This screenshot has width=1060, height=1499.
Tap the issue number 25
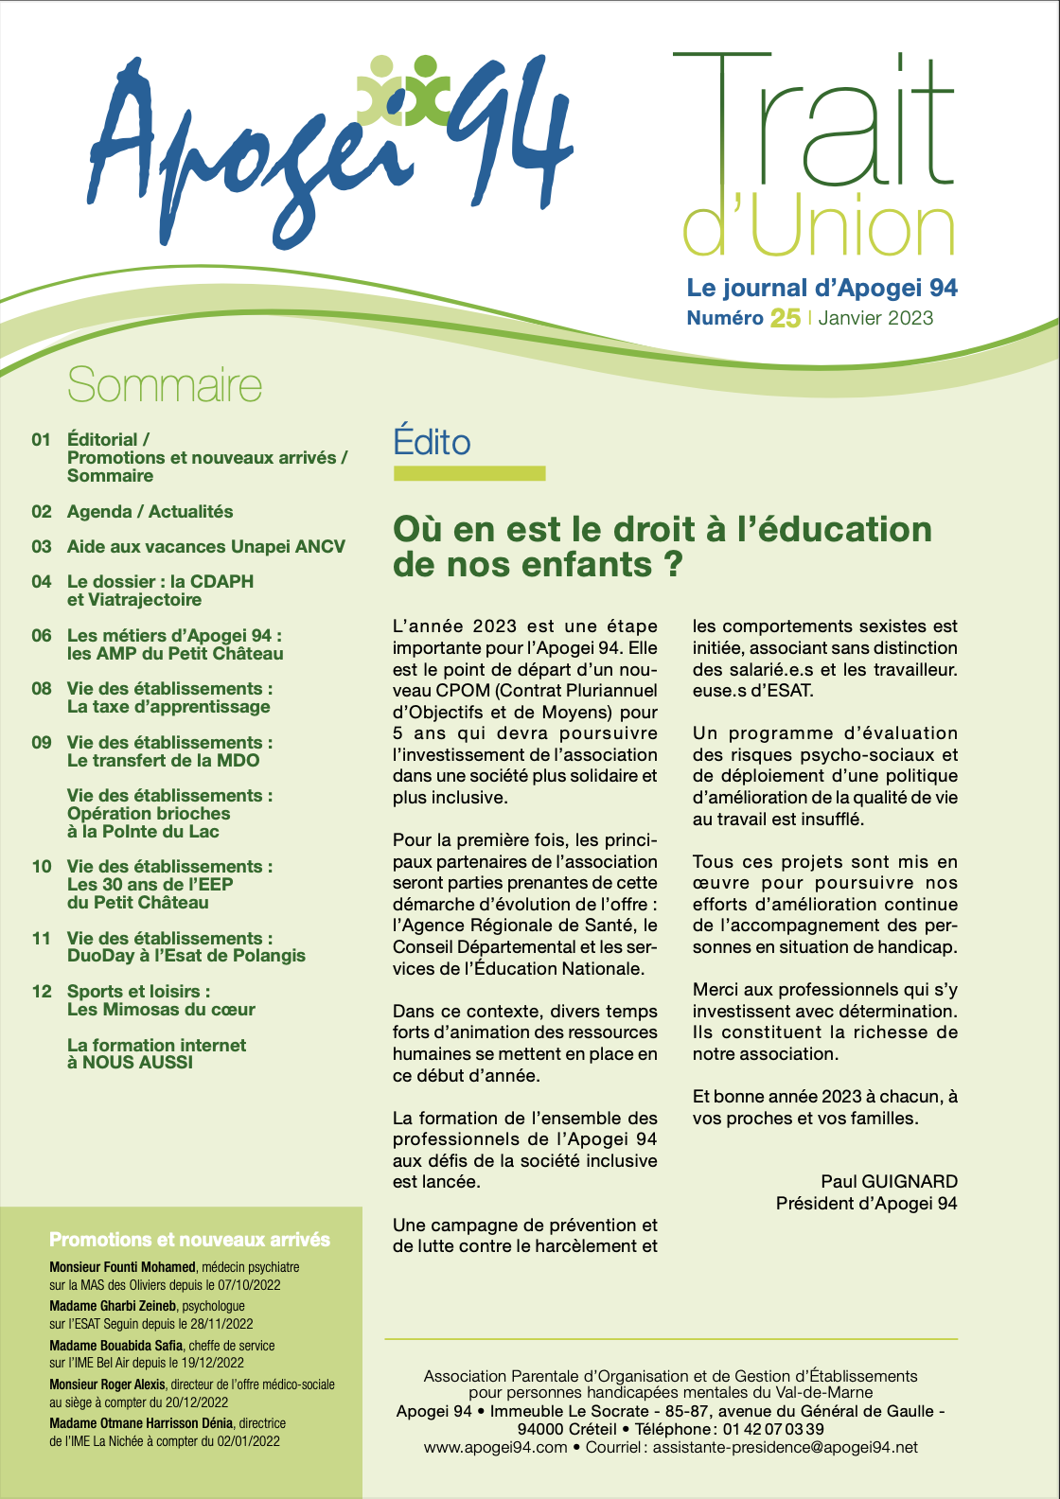click(x=785, y=318)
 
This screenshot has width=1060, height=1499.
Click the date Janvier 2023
click(x=875, y=318)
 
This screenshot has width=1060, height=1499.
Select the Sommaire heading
click(x=165, y=385)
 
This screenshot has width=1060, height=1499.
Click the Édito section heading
click(x=432, y=442)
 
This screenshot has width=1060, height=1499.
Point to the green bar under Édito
click(x=469, y=473)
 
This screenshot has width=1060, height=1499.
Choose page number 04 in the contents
click(x=42, y=582)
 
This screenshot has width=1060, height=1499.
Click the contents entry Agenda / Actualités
click(x=150, y=512)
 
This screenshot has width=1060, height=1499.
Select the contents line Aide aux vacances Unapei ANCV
click(x=205, y=547)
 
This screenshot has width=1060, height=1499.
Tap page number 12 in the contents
click(x=42, y=992)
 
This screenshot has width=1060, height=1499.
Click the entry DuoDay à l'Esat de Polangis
click(x=186, y=956)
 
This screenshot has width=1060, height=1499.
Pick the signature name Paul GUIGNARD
click(x=889, y=1181)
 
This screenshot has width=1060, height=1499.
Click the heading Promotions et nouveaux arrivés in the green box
click(x=189, y=1240)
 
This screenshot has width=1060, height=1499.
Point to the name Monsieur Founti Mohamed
click(x=122, y=1267)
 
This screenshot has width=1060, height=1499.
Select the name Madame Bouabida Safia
click(x=115, y=1346)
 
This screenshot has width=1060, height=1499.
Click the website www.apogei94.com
click(x=495, y=1448)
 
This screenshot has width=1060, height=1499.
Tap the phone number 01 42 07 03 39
click(x=773, y=1429)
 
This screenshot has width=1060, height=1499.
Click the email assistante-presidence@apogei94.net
click(x=785, y=1448)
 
